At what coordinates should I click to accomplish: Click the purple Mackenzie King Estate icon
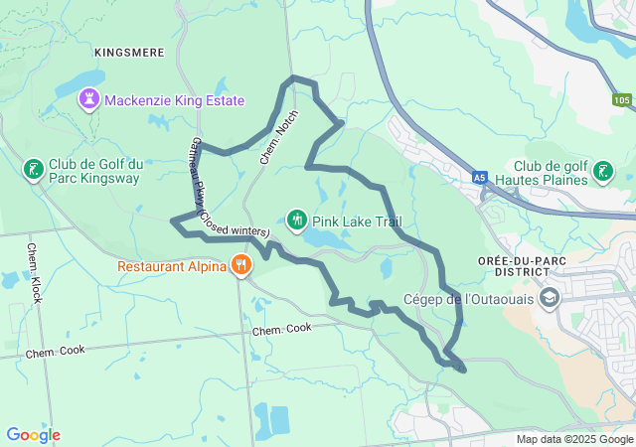90,98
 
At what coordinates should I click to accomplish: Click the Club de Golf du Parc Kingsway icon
33,169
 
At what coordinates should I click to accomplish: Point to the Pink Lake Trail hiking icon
296,220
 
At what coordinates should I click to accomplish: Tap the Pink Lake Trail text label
357,221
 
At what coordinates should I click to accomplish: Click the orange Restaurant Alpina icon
240,265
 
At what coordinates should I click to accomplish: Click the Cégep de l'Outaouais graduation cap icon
550,298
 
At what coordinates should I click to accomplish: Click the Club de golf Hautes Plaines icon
601,172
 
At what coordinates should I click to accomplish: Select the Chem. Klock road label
36,272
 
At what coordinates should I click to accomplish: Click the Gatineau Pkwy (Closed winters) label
213,189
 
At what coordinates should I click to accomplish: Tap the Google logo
33,435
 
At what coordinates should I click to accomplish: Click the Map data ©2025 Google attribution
573,439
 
